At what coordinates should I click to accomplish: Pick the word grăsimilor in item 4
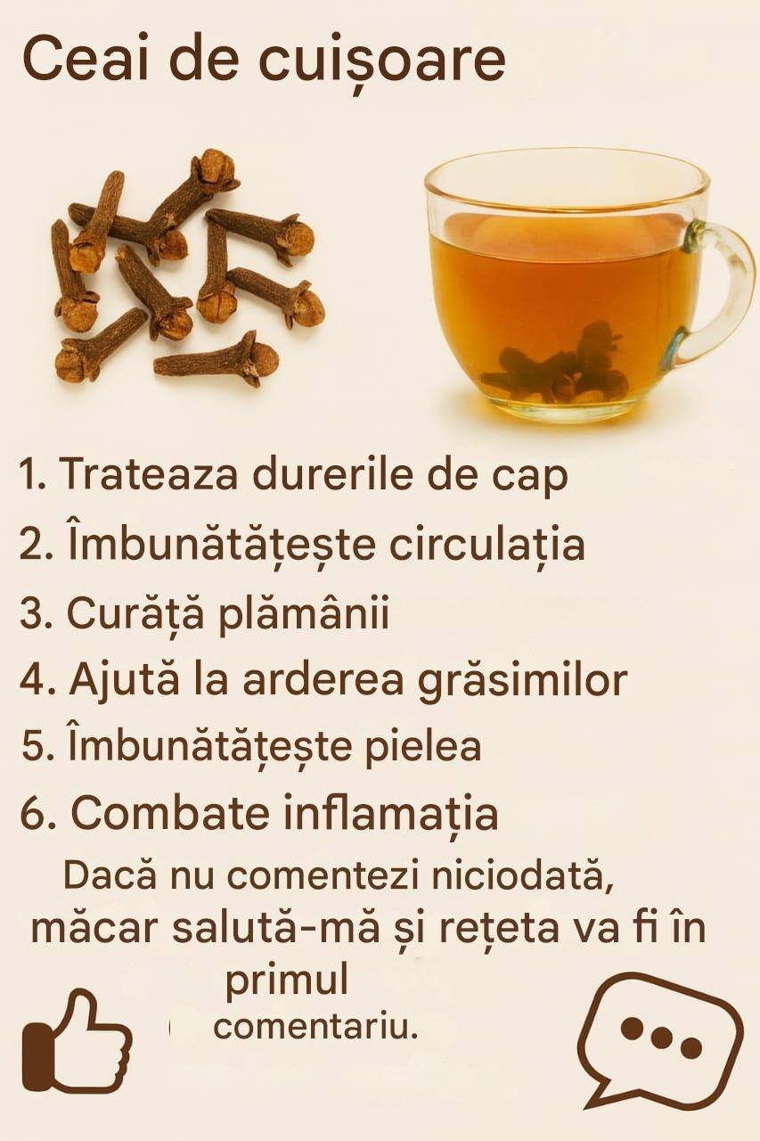(x=522, y=683)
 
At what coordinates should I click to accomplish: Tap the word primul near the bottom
(x=287, y=982)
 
